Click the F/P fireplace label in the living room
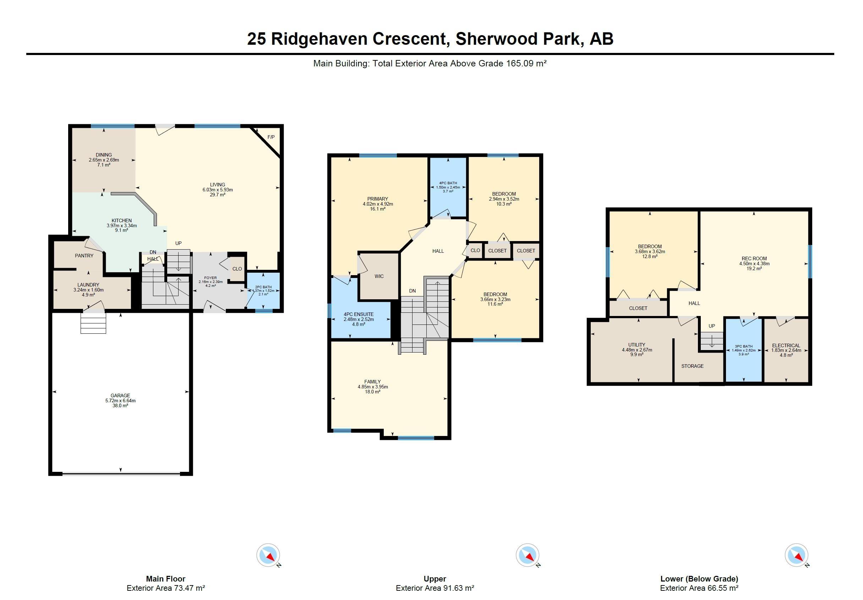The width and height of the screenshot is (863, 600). [271, 137]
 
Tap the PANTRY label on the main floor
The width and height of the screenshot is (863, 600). [84, 256]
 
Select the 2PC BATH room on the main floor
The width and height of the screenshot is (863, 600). [263, 290]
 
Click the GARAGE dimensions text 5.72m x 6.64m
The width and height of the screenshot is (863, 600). [120, 401]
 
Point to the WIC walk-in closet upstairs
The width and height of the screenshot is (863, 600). [379, 276]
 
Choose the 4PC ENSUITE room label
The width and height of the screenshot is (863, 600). [359, 314]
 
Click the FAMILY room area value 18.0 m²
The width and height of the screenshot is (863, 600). [372, 392]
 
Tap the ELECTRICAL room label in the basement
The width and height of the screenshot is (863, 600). [786, 345]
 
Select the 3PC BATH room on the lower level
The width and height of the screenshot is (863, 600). [743, 350]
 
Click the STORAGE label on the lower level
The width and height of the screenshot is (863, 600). [692, 366]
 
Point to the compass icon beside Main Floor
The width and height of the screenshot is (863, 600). [268, 555]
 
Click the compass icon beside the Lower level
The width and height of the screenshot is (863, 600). [796, 555]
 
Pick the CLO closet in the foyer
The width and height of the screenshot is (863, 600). [237, 269]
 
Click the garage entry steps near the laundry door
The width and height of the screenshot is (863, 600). [93, 323]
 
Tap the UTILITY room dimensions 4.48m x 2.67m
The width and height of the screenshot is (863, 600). [637, 350]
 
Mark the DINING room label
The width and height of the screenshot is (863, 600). [104, 155]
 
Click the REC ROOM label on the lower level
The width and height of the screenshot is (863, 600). [754, 259]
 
